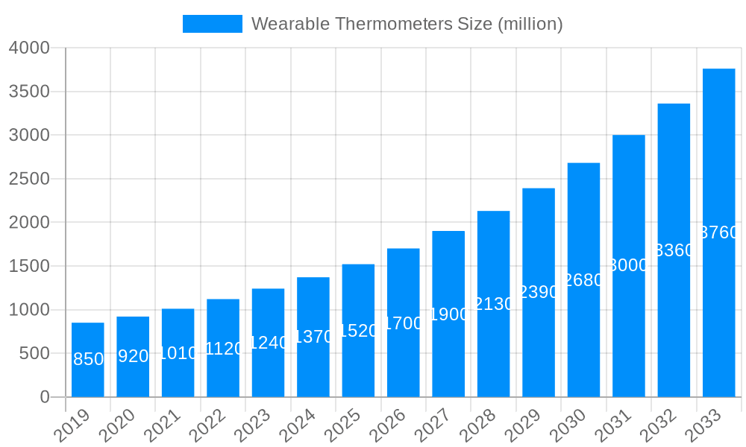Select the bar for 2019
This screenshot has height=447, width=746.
tap(88, 360)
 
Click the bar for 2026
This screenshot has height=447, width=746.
tap(403, 323)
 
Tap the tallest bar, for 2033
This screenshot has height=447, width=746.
tap(718, 232)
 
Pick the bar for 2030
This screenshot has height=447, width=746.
tap(583, 279)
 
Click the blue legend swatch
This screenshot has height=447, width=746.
tap(213, 24)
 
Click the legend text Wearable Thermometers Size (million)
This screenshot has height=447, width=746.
tap(407, 24)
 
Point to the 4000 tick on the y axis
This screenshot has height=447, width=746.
tap(29, 48)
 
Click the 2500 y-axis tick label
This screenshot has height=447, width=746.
tap(29, 179)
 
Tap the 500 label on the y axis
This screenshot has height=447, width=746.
tap(34, 353)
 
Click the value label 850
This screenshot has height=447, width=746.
tap(88, 359)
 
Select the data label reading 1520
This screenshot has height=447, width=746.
tap(358, 331)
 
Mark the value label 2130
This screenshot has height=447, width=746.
tap(493, 304)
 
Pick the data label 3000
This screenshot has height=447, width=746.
tap(628, 265)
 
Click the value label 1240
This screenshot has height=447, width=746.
tap(268, 343)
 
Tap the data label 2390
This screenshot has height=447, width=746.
tap(539, 292)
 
